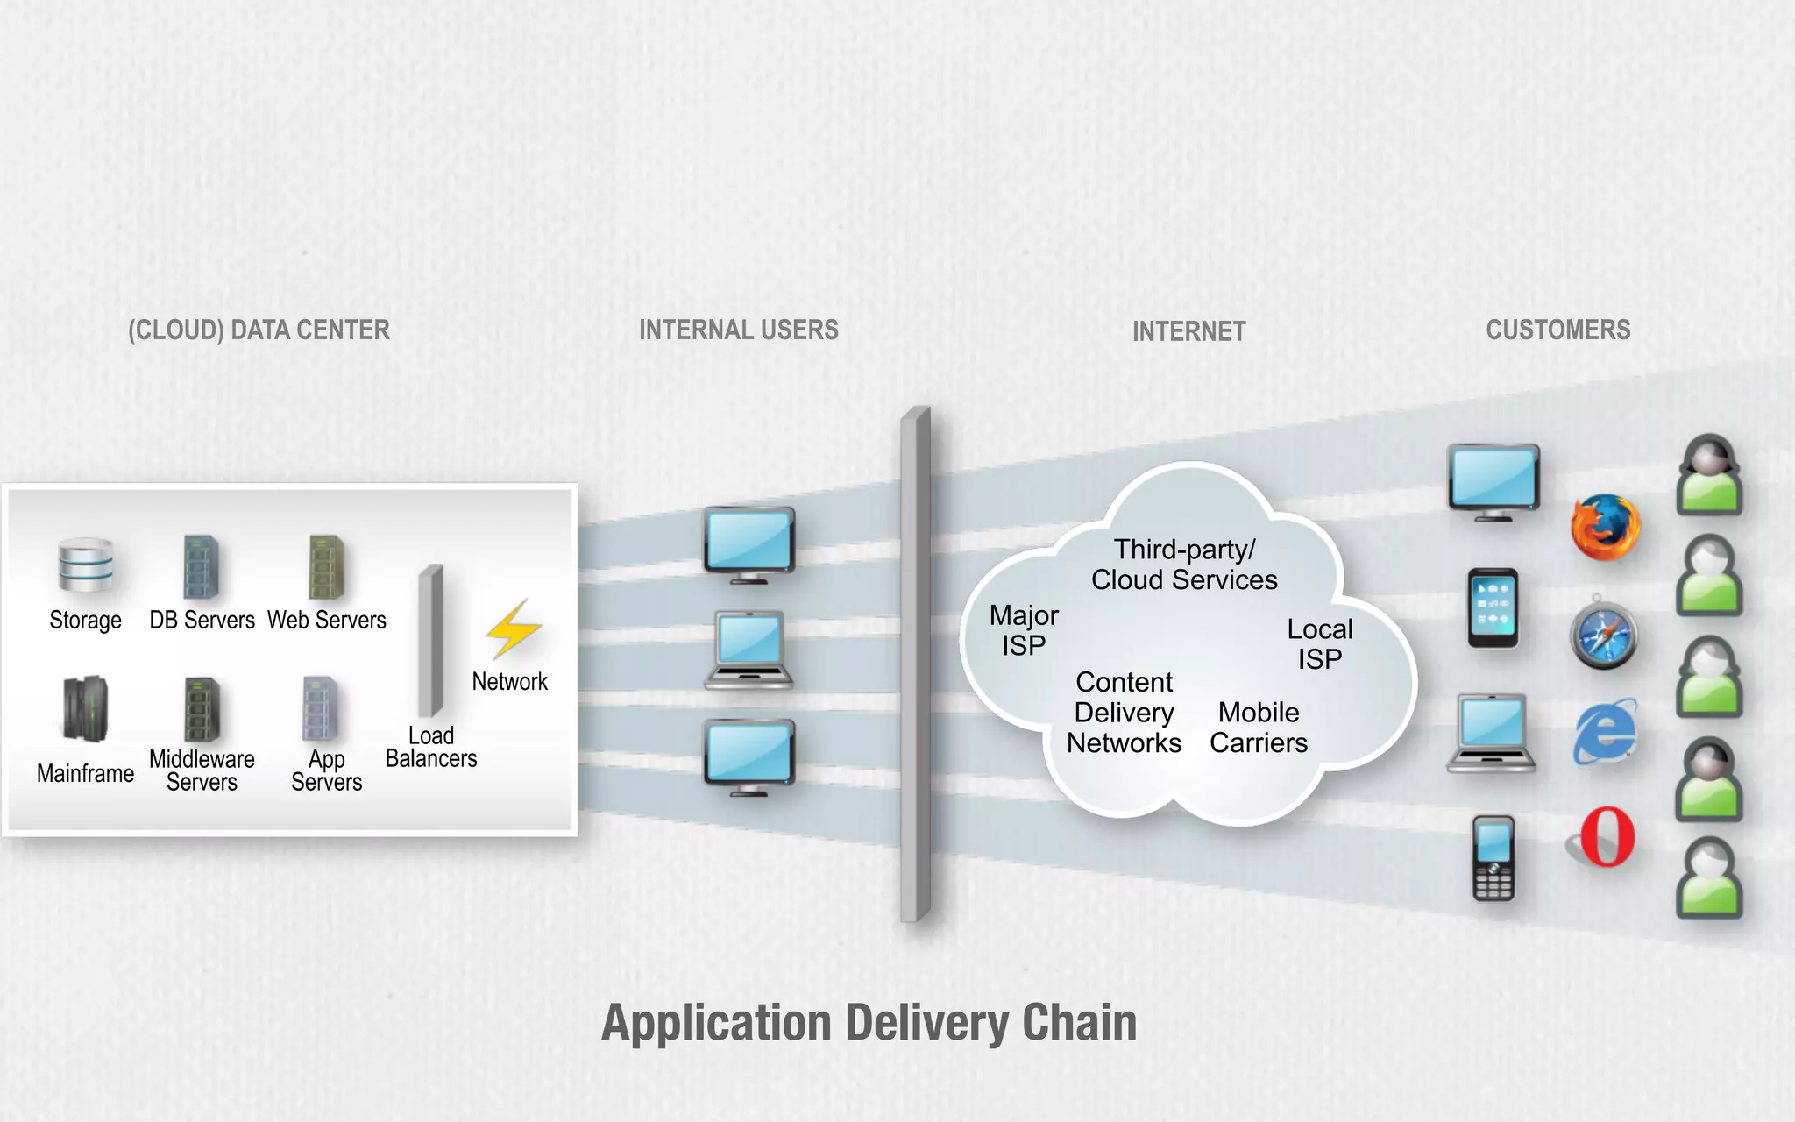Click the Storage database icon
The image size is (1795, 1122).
[85, 565]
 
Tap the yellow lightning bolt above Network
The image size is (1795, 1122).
[514, 628]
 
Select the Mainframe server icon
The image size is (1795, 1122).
[85, 709]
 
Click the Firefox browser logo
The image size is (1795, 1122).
[1605, 528]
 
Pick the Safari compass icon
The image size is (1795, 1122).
[1603, 633]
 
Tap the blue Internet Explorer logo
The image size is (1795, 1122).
[1605, 733]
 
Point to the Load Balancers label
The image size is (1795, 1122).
[431, 747]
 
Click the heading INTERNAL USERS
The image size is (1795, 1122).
[738, 330]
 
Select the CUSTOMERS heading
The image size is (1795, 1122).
[1557, 330]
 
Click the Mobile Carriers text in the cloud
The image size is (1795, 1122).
[1259, 728]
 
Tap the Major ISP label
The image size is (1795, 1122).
[1024, 630]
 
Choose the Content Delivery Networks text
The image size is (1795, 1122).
[1124, 713]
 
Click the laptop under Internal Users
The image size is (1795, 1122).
[749, 650]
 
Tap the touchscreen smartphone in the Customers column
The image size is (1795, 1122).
[1493, 608]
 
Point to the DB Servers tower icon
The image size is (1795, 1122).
[201, 566]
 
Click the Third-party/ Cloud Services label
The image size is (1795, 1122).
[1184, 565]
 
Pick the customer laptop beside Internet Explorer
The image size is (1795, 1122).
[1491, 733]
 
